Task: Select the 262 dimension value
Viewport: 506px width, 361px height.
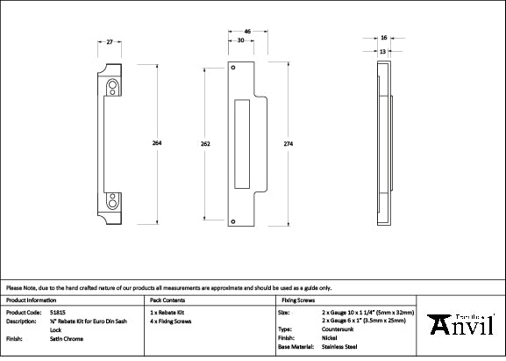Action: tap(204, 144)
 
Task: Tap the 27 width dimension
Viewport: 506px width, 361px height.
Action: tap(109, 41)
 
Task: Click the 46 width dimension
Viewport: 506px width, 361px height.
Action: tap(248, 32)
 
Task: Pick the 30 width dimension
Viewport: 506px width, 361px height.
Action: tap(240, 41)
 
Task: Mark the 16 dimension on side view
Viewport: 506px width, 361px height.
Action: tap(384, 39)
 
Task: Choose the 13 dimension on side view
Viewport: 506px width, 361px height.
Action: tap(383, 51)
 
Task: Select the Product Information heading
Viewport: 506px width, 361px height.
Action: tap(31, 300)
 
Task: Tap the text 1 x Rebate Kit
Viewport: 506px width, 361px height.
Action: tap(167, 313)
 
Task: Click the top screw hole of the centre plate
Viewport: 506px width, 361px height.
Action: tap(233, 69)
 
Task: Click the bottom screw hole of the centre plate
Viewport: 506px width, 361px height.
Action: tap(233, 220)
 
